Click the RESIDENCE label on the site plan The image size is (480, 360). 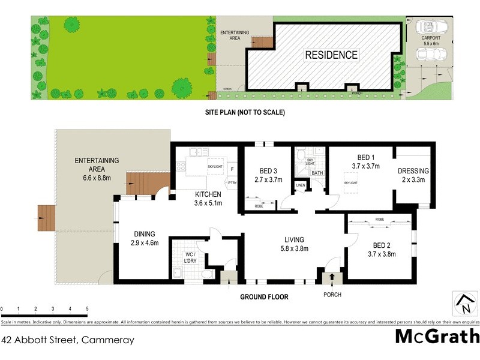(x=331, y=55)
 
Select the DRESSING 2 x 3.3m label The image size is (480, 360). (x=413, y=175)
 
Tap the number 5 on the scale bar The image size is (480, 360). (x=88, y=309)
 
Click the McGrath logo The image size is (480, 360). (x=437, y=336)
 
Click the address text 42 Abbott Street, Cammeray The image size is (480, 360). (x=68, y=340)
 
